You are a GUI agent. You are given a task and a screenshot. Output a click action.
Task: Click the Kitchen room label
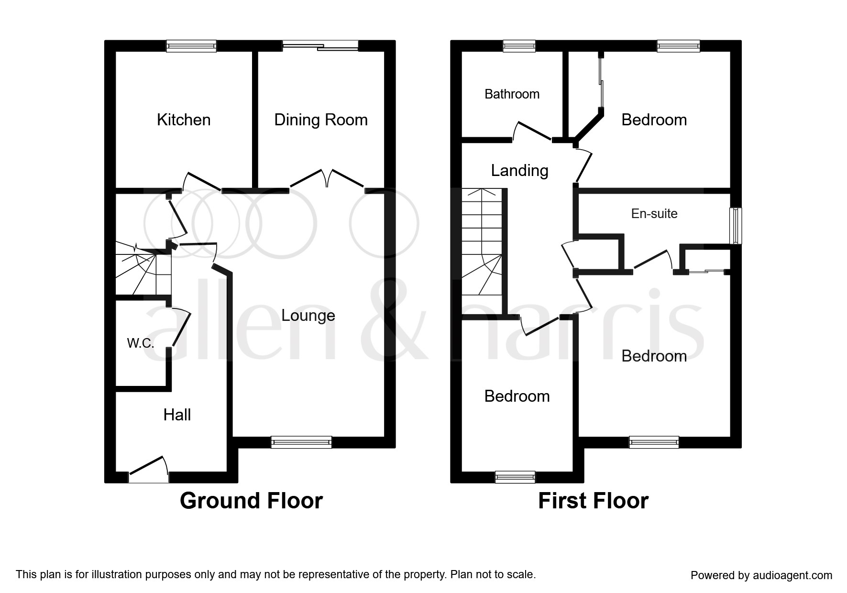pos(184,120)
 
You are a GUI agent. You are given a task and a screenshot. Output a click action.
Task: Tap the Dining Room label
pos(321,120)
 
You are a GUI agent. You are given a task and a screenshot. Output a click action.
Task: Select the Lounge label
pos(308,316)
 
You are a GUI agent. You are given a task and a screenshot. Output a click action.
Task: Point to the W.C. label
pos(140,343)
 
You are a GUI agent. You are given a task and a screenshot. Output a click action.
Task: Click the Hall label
pos(177,415)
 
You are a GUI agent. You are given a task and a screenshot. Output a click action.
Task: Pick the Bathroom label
pos(512,94)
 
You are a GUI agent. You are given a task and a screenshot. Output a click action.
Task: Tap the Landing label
pos(519,171)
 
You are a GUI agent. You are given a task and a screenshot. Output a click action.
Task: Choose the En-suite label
pos(654,213)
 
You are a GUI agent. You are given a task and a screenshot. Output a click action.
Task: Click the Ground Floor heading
pos(251,501)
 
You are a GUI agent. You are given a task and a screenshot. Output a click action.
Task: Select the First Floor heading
pos(593,501)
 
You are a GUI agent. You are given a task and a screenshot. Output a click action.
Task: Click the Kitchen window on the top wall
pos(191,46)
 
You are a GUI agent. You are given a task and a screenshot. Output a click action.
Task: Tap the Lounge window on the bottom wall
pos(301,442)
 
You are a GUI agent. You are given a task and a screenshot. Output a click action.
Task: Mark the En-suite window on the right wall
pos(736,225)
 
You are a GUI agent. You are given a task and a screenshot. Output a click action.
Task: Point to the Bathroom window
pos(519,46)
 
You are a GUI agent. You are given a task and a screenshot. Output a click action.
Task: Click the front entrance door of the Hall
pos(148,469)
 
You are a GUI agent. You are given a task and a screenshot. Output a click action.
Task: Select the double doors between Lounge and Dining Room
pos(327,180)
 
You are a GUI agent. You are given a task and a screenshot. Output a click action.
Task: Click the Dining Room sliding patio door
pos(320,46)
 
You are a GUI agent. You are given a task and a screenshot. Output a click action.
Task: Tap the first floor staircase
pos(482,252)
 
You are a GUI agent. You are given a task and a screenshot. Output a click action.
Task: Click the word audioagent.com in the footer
pos(792,575)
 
